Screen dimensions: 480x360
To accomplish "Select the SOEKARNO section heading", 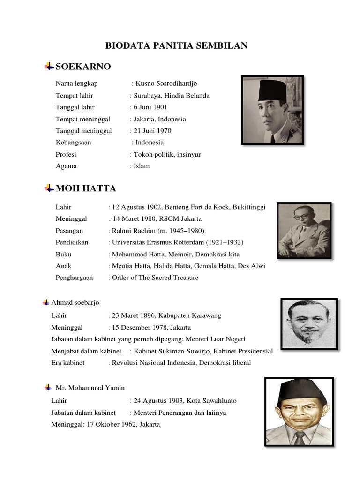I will [x=83, y=67].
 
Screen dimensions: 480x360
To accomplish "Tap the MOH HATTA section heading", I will [x=86, y=188].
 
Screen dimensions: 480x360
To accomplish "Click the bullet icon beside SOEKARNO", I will [x=49, y=67].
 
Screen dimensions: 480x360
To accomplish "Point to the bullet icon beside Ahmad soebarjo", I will [x=46, y=303].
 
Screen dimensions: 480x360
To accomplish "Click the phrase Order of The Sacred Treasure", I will [x=155, y=277].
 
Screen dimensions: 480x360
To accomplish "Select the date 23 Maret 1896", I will [x=132, y=316].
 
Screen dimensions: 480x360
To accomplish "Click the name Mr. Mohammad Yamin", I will [x=90, y=388].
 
